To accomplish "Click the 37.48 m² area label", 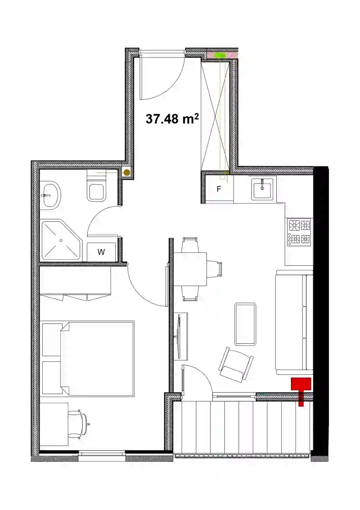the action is (172, 119).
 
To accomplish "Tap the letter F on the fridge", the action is (219, 189).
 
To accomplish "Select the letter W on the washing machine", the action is (101, 252).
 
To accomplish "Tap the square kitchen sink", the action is (262, 189).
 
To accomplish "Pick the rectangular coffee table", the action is (245, 324).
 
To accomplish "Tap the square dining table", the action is (190, 269).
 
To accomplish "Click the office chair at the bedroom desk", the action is (79, 424).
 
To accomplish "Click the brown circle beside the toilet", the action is (127, 173).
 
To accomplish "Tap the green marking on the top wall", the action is (220, 55).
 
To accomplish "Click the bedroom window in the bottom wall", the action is (102, 455).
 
